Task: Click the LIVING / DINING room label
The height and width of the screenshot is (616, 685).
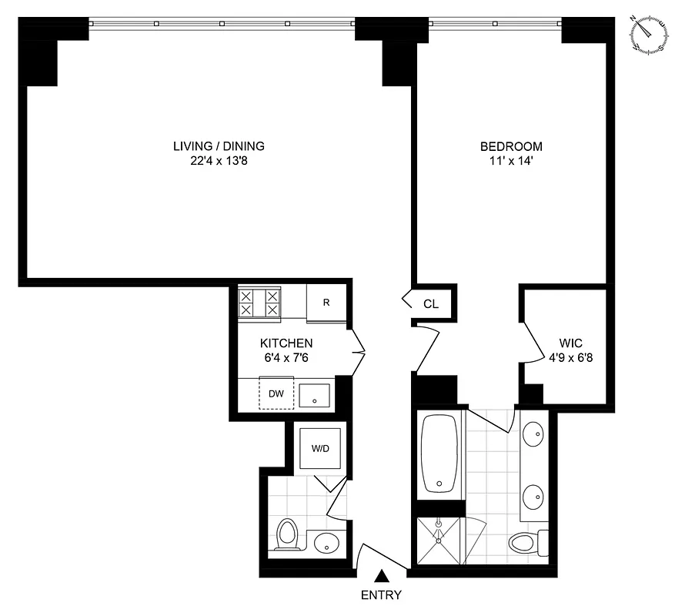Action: coord(219,146)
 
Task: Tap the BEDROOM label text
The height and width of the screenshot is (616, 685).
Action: coord(511,146)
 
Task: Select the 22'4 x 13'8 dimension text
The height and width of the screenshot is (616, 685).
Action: coord(219,161)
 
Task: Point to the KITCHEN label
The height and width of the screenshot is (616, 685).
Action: coord(286,343)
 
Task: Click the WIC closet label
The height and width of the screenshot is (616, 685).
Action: coord(570,343)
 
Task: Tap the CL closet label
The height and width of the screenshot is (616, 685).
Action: coord(431,304)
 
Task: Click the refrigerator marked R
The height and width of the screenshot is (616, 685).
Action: coord(326,303)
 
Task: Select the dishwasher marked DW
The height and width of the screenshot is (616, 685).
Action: coord(276,394)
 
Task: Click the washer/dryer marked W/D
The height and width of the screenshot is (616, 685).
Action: coord(319,448)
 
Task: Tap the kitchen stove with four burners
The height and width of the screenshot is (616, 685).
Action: coord(259,302)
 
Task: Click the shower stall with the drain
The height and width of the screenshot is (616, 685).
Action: coord(439,541)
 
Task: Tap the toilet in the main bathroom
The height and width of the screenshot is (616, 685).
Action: coord(526,541)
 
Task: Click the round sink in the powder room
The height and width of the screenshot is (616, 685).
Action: coord(328,541)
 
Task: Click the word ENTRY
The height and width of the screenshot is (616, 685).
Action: coord(380,594)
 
